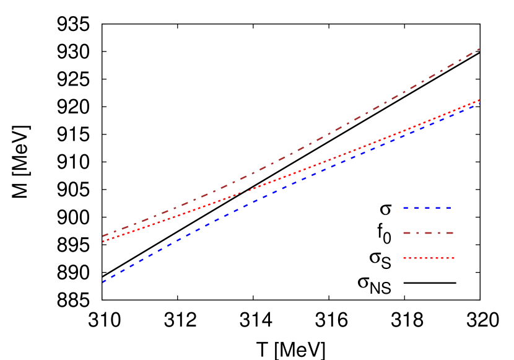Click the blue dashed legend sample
pos(427,208)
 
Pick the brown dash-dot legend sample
pos(428,233)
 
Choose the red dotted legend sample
pos(429,258)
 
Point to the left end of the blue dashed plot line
pos(103,282)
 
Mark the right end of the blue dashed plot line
pos(479,103)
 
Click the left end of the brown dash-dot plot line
pos(103,236)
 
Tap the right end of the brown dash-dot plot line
pos(479,49)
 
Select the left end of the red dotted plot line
pos(103,242)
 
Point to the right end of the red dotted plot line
pos(479,100)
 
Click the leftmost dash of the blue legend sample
pos(406,208)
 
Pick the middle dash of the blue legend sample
pos(427,208)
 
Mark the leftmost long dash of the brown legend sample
pos(407,233)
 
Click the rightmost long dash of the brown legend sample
pos(450,233)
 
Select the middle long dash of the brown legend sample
pos(428,233)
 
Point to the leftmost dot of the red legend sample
pos(404,258)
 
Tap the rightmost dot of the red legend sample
pos(453,258)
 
